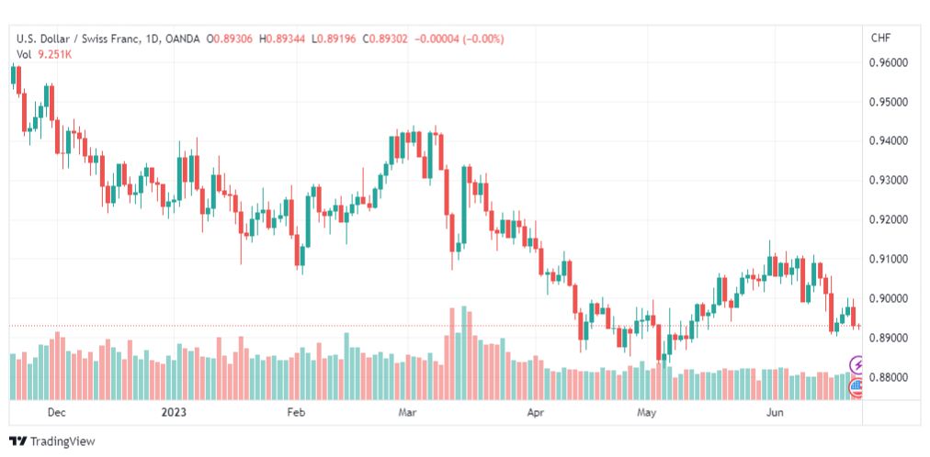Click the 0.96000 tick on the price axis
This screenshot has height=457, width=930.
click(889, 62)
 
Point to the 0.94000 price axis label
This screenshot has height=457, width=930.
click(889, 141)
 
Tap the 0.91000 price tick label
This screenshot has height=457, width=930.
click(889, 260)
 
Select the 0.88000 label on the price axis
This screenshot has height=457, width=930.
click(889, 377)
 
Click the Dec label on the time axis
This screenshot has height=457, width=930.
click(57, 412)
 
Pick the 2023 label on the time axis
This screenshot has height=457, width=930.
click(174, 412)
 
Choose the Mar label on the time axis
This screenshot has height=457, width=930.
click(408, 412)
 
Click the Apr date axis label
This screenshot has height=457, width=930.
click(536, 412)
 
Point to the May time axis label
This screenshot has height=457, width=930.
click(647, 412)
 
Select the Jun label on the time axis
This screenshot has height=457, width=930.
click(775, 412)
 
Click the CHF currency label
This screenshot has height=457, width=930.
click(880, 38)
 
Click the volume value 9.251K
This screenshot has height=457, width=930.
click(55, 54)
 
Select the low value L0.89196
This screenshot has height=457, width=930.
click(334, 39)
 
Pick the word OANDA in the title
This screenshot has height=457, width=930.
click(184, 39)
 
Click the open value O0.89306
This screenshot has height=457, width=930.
click(230, 39)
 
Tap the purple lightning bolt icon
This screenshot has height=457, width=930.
click(857, 364)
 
